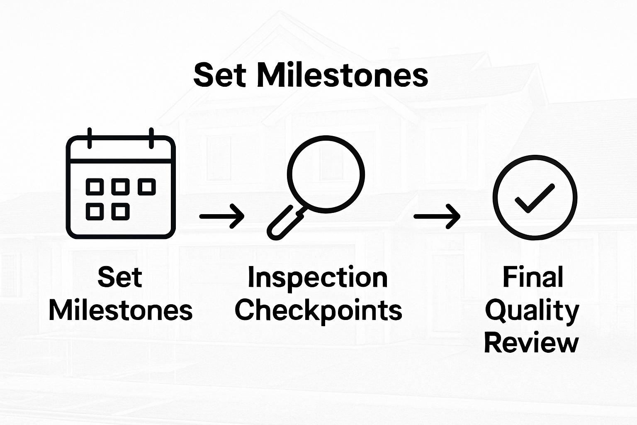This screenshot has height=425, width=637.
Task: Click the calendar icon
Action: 121,187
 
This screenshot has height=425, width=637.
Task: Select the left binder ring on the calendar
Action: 89,138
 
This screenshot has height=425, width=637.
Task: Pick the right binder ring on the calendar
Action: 151,138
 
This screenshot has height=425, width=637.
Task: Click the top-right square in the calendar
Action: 146,187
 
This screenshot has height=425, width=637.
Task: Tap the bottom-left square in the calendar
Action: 95,212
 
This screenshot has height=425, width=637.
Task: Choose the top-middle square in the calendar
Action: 120,187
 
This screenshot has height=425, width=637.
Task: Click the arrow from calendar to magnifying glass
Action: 222,216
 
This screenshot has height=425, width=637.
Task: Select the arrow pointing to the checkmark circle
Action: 437,216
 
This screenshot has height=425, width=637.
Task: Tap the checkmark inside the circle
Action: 535,198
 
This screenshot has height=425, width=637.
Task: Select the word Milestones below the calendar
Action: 121,310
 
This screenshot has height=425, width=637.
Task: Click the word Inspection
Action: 318,278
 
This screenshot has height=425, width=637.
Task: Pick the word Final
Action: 533,277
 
